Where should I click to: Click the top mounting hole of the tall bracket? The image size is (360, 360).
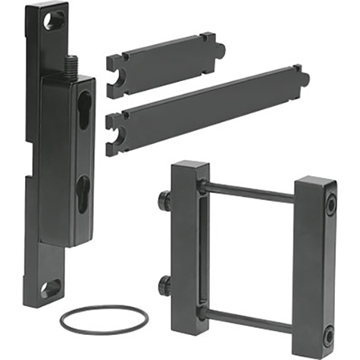54,20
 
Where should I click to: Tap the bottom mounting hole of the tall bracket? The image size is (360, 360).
50,287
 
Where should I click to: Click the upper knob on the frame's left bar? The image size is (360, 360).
164,202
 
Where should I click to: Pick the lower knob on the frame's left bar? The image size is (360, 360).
164,287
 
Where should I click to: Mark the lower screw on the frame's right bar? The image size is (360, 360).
327,333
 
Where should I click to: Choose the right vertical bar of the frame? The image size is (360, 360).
314,265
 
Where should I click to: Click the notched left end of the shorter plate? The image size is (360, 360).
116,75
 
